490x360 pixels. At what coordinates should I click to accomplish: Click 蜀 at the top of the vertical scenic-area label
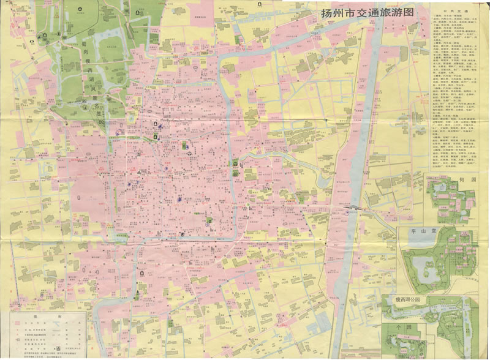click(x=83, y=45)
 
